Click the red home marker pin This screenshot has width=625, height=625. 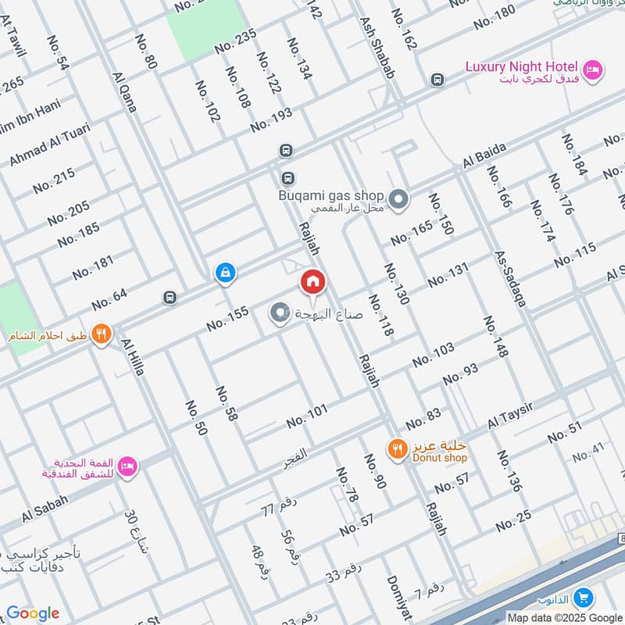(x=312, y=281)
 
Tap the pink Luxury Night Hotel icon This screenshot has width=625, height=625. (x=594, y=70)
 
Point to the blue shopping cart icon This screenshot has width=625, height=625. (x=582, y=598)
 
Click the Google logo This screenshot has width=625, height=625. (x=32, y=613)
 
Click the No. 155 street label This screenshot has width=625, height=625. (x=227, y=318)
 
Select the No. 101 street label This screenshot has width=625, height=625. (x=307, y=416)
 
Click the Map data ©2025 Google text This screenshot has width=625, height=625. (x=564, y=617)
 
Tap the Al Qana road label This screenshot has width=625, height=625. (x=125, y=92)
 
